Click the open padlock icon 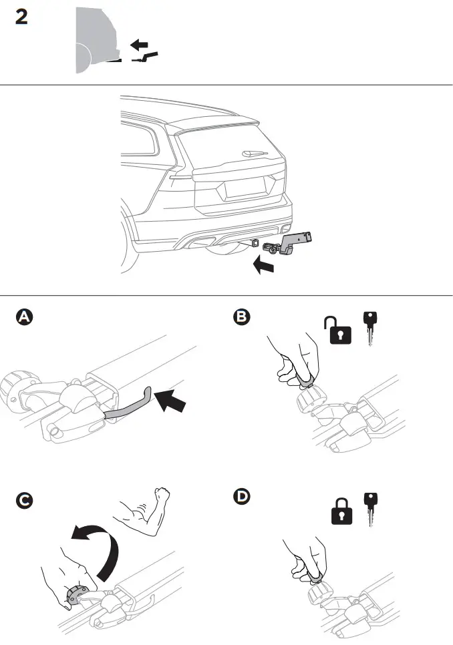pos(338,331)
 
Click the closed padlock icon pos(342,511)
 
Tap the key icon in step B pos(369,327)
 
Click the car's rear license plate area pos(243,188)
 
